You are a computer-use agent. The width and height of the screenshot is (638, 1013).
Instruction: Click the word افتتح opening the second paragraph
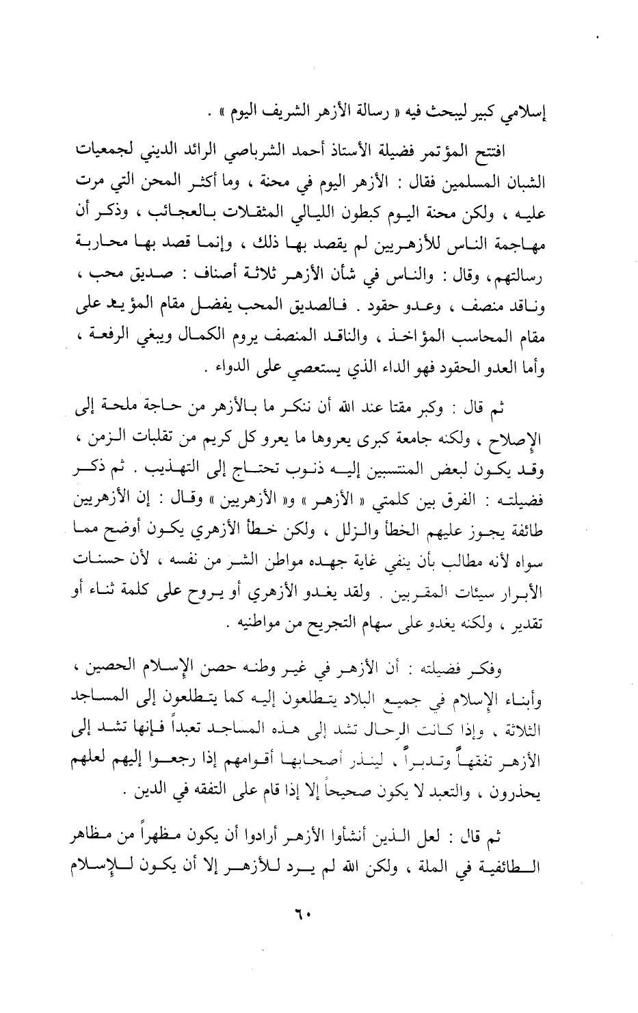pos(520,152)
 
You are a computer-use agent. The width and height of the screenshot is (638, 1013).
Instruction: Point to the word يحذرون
pos(544,795)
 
